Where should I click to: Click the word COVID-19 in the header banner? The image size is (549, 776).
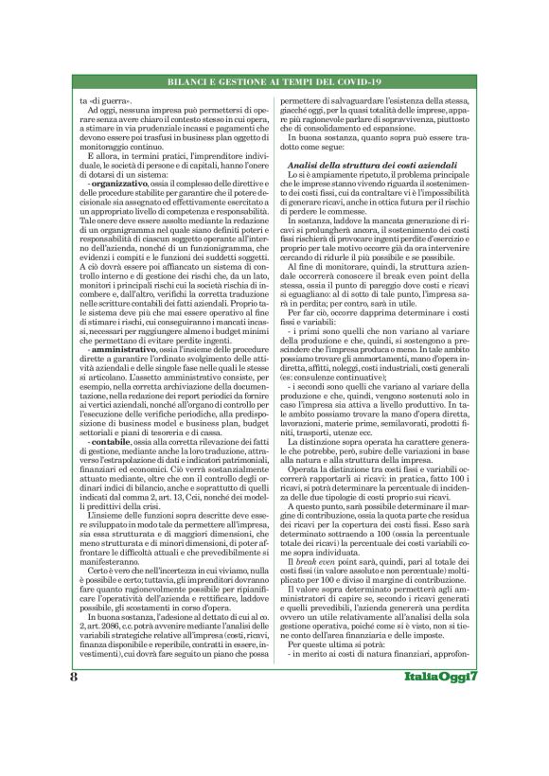tap(354, 80)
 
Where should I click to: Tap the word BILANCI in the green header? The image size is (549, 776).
tap(188, 80)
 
